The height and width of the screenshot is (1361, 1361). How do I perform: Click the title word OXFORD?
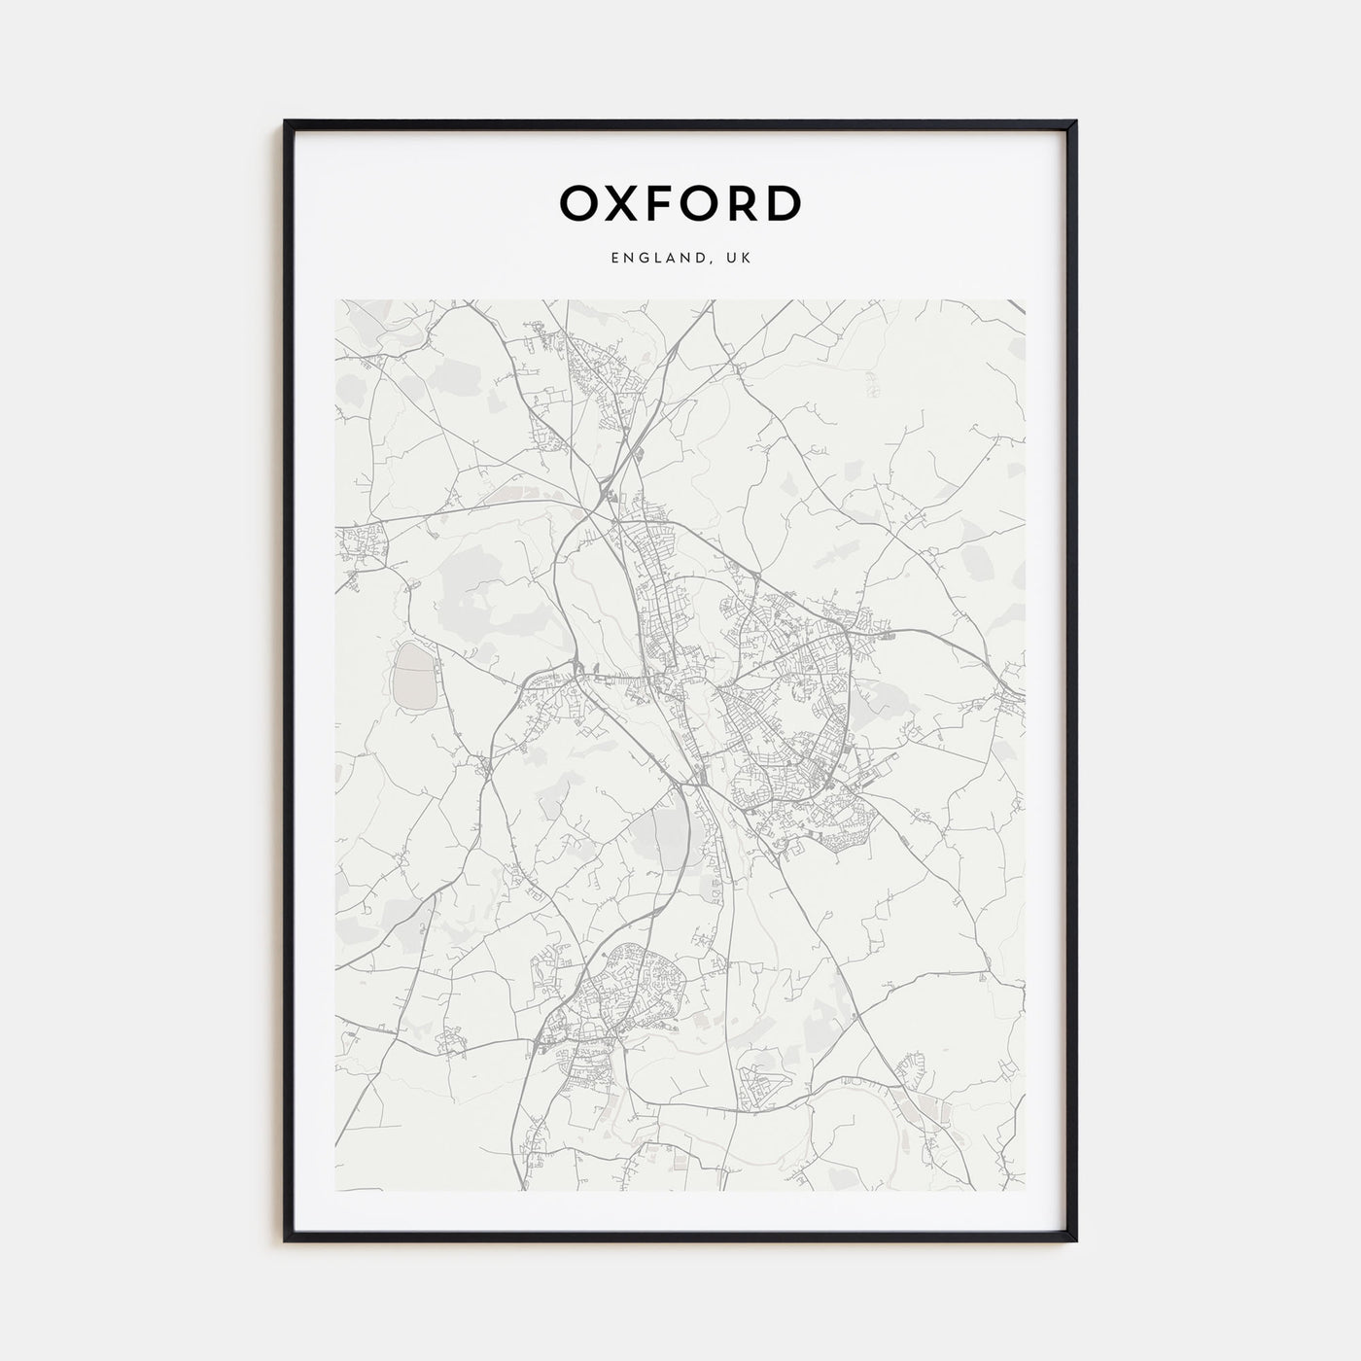pyautogui.click(x=680, y=202)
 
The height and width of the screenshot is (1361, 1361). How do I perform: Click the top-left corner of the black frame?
pyautogui.click(x=286, y=122)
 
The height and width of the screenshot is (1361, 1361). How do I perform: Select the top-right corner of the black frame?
pyautogui.click(x=1075, y=122)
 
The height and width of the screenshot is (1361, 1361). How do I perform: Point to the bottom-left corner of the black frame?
pyautogui.click(x=286, y=1239)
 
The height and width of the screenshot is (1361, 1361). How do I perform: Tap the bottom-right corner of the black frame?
pyautogui.click(x=1075, y=1239)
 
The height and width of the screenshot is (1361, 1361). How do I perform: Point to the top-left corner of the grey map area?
pyautogui.click(x=336, y=300)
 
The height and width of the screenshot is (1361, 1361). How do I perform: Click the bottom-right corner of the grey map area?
pyautogui.click(x=1025, y=1190)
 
